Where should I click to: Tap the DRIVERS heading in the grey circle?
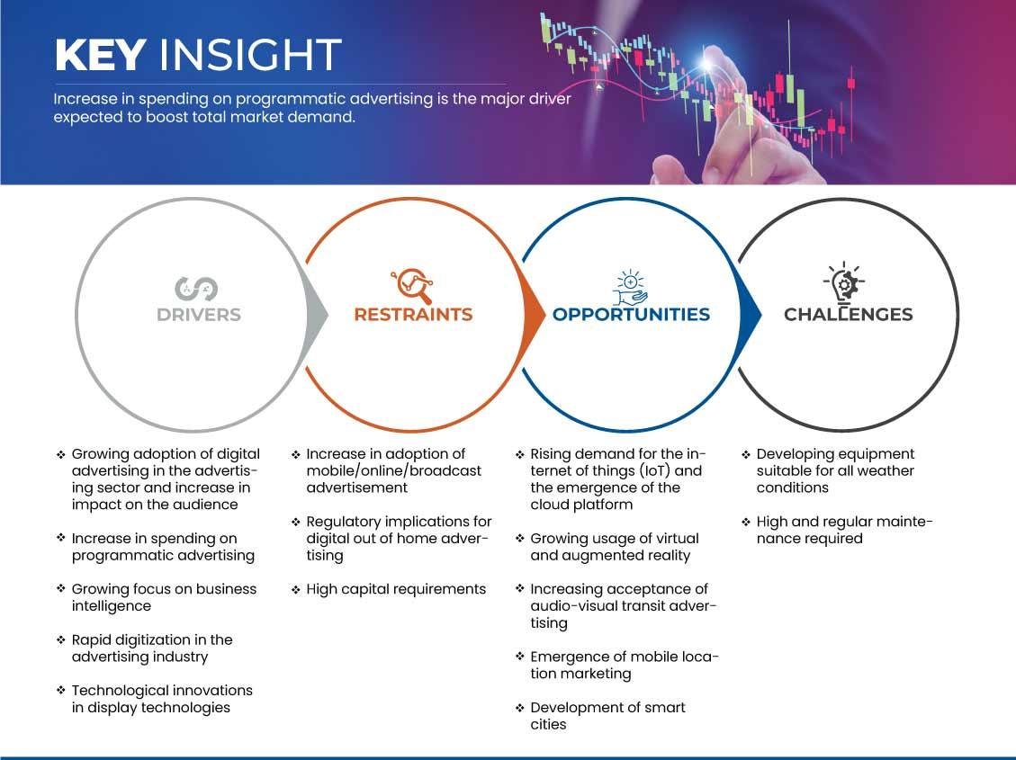[x=199, y=315]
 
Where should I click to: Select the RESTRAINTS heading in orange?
[x=413, y=315]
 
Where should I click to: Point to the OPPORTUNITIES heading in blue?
[x=631, y=315]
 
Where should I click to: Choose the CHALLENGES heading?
[x=849, y=315]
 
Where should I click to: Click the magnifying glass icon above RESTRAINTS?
[x=412, y=285]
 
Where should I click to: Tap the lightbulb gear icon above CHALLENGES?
[x=844, y=283]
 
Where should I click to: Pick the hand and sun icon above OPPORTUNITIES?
[x=631, y=288]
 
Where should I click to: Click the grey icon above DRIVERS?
[x=195, y=289]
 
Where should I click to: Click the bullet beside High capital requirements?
[x=295, y=589]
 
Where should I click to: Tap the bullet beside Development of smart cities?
[x=519, y=708]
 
